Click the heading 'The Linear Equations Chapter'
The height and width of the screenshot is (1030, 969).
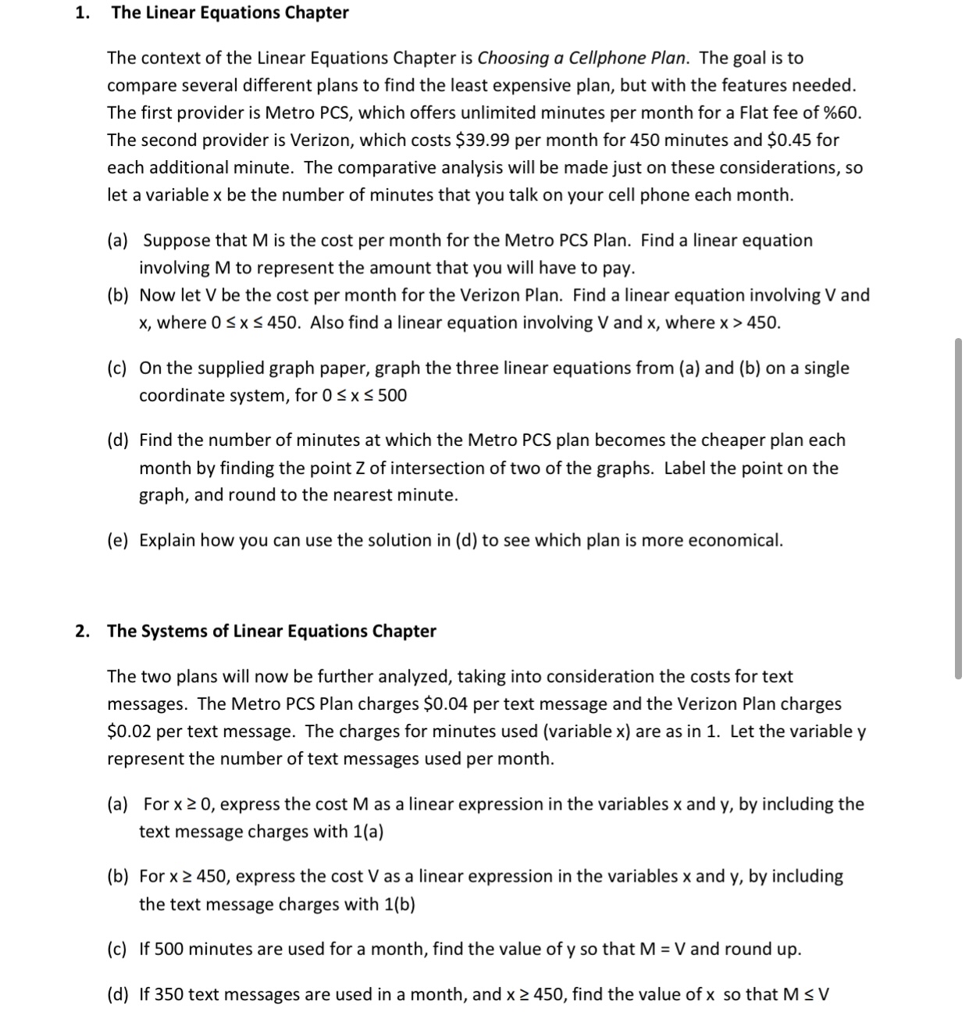click(230, 12)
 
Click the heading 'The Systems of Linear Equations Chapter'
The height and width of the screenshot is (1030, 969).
click(271, 631)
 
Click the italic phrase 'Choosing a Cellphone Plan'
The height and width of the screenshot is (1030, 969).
click(582, 58)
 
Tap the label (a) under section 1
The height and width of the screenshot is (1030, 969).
click(119, 241)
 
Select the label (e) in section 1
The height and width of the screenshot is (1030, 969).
click(119, 540)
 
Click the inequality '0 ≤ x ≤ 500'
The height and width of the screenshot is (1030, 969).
click(364, 396)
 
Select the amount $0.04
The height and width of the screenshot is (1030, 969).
click(445, 704)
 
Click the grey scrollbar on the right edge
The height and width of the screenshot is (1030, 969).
click(958, 508)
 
